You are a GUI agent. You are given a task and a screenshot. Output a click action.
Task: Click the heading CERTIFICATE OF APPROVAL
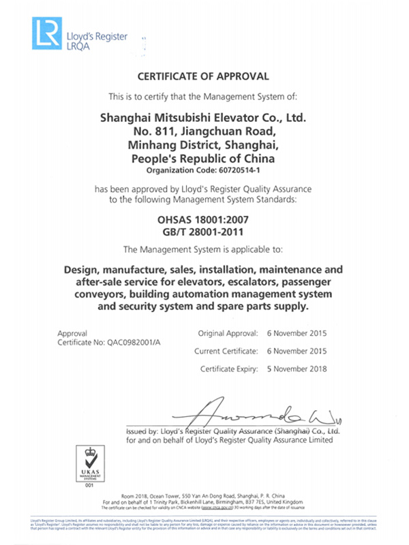coord(204,76)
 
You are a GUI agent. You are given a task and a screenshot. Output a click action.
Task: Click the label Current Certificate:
coord(226,352)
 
